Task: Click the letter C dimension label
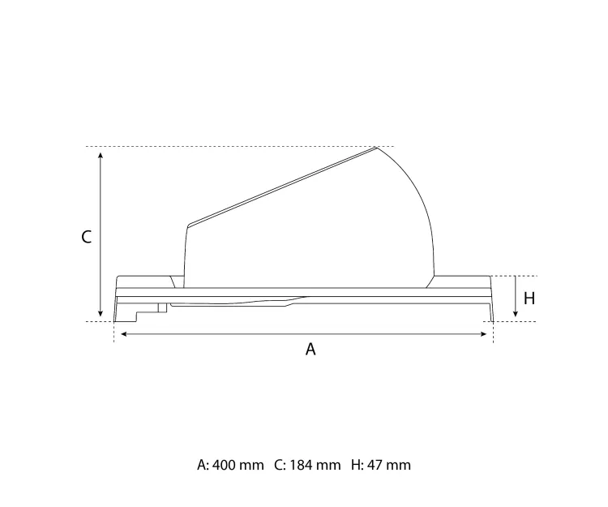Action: coord(87,237)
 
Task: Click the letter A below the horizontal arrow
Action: coord(310,350)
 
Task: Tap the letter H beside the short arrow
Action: coord(529,298)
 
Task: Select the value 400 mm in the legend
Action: coord(238,465)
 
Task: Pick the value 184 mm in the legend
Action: coord(315,465)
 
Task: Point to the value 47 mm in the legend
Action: coord(389,465)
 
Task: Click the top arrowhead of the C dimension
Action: coord(100,153)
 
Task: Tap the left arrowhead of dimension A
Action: coord(118,333)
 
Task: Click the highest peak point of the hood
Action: coord(376,147)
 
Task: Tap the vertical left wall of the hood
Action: coord(186,251)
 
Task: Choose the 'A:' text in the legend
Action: coord(203,465)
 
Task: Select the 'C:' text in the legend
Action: coord(280,465)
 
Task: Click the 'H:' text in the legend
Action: coord(358,465)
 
